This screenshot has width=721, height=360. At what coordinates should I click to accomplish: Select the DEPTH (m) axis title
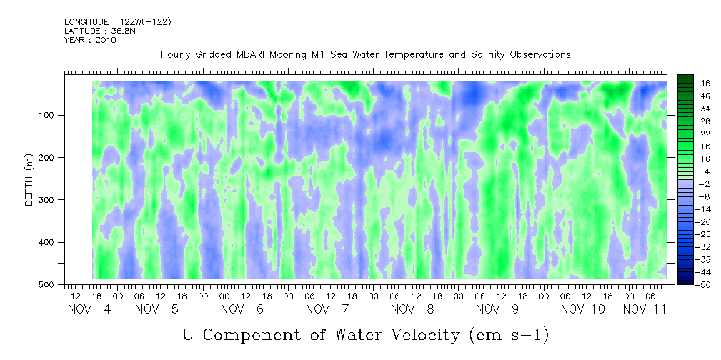tap(29, 179)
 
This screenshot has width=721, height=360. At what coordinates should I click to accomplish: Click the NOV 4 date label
tap(89, 309)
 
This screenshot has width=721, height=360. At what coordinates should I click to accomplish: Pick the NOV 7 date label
tap(327, 309)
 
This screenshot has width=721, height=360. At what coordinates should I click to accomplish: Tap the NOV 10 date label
tap(583, 309)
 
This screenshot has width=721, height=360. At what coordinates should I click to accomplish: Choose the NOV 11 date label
tap(645, 309)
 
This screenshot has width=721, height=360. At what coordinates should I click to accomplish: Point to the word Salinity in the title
tap(488, 55)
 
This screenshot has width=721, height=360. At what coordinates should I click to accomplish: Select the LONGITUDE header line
tap(118, 21)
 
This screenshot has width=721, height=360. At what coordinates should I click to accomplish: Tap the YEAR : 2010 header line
tap(90, 40)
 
